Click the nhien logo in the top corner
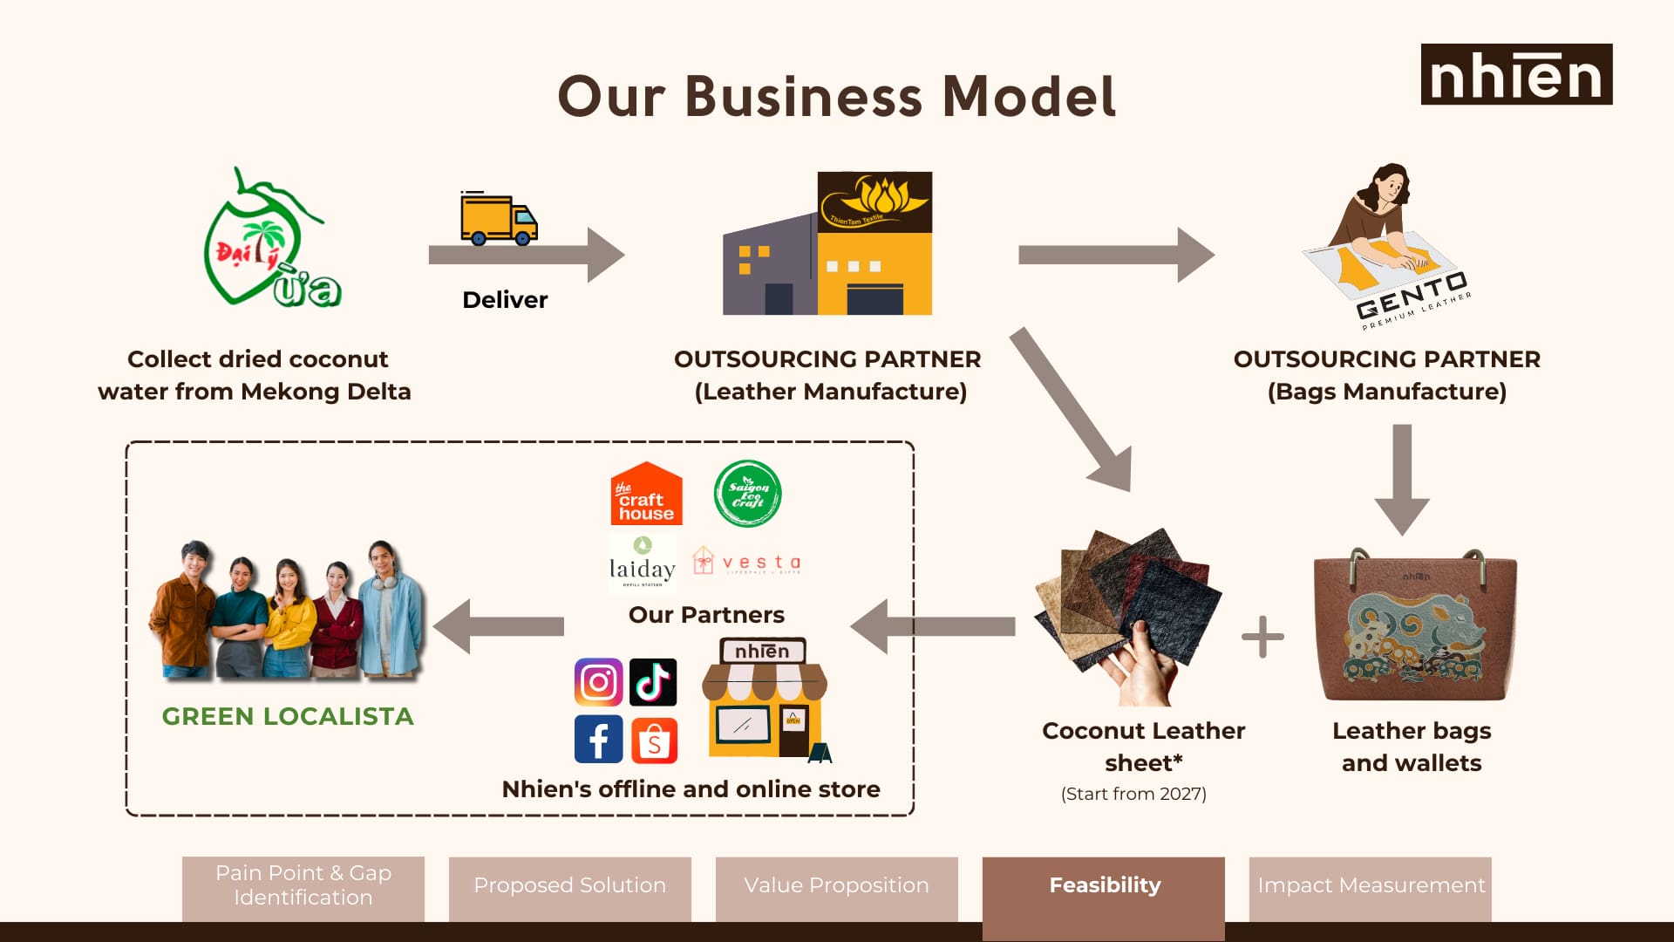tap(1516, 75)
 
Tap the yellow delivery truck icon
tap(499, 220)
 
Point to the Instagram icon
tap(598, 682)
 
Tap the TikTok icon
tap(653, 682)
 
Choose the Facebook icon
tap(598, 739)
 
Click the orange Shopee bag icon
tap(654, 741)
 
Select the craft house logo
tap(646, 495)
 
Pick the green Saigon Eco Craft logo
tap(747, 494)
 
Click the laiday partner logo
tap(642, 563)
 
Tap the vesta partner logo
tap(747, 562)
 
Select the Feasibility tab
tap(1104, 886)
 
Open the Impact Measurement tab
tap(1370, 886)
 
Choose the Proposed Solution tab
tap(569, 886)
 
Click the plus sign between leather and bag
tap(1262, 637)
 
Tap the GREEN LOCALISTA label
tap(288, 717)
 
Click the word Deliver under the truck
tap(505, 300)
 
